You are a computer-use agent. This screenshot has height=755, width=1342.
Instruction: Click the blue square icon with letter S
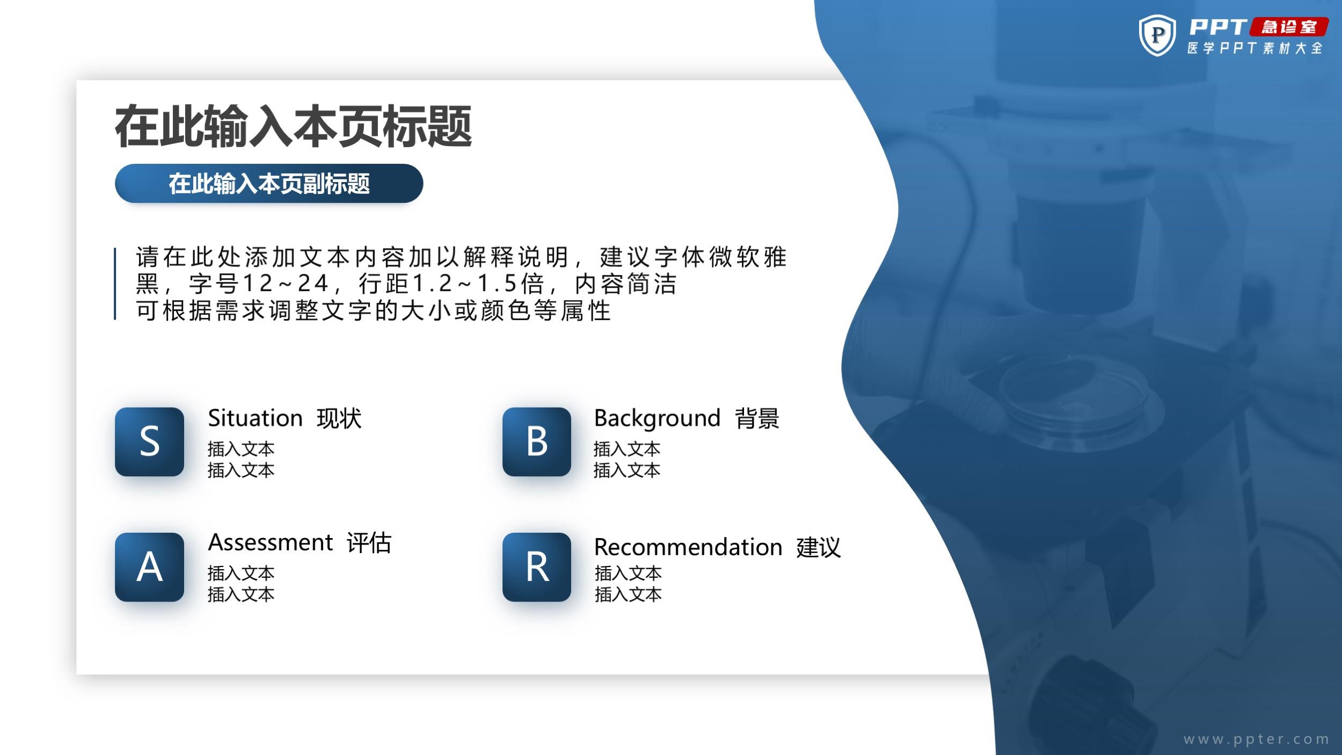149,441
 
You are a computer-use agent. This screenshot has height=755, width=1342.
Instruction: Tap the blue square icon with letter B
536,441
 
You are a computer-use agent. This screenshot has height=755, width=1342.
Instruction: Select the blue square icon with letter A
149,567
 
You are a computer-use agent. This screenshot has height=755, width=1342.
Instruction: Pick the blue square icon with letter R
536,567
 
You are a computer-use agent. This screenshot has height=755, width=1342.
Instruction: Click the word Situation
256,418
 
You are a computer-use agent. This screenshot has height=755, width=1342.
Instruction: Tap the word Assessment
271,542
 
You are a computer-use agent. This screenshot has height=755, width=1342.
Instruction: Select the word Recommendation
688,547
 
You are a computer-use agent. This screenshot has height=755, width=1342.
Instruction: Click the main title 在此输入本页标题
293,127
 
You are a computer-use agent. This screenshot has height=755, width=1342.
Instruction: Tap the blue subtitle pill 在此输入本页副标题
269,184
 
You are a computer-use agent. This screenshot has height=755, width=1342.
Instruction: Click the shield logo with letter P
1157,35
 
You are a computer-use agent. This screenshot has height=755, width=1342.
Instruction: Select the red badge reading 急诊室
1289,27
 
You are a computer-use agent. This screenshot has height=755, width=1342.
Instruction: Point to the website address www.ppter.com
1256,739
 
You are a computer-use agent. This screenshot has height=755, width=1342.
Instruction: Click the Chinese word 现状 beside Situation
339,418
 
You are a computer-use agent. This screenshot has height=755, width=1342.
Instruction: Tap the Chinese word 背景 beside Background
757,418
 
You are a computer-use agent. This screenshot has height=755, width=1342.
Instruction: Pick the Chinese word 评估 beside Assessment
369,543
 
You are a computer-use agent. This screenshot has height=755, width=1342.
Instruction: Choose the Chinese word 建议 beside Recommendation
819,548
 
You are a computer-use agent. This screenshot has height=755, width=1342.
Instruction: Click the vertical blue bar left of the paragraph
115,284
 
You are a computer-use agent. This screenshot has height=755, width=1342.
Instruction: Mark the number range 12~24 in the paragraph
285,283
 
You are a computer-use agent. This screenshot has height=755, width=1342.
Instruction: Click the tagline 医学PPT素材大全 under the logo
1255,48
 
